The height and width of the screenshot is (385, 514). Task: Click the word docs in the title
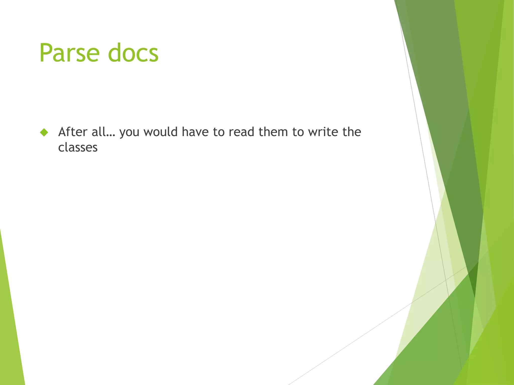133,53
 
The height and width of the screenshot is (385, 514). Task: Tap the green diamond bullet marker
44,132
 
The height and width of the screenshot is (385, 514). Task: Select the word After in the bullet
73,132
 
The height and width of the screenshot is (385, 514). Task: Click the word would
160,132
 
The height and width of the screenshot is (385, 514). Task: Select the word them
273,132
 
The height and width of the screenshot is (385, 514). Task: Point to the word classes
78,147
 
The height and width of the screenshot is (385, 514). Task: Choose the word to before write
298,132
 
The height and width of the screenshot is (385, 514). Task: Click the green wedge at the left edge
10,326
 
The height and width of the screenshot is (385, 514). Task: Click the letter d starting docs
114,53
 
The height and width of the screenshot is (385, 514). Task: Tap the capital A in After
63,132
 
